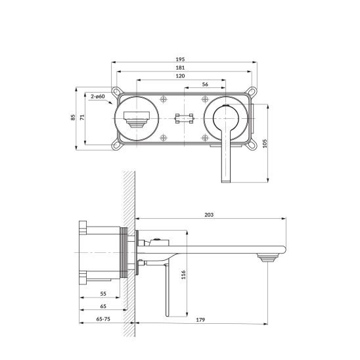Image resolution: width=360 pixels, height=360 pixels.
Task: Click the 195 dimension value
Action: point(180,59)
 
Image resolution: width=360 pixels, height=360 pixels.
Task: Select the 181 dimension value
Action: point(180,68)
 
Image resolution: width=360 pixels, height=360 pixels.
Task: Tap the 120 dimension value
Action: point(180,76)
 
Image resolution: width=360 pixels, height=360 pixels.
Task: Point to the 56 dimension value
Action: point(205,84)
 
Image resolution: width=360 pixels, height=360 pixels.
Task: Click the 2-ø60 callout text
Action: point(98,97)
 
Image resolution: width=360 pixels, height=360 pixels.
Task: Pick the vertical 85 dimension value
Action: point(73,118)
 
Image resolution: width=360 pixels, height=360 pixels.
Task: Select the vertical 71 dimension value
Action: point(82,118)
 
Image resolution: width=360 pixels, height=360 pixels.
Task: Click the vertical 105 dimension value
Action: point(265,143)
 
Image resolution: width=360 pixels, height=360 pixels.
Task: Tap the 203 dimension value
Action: point(209,215)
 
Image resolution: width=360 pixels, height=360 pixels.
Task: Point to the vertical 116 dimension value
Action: point(183,275)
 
